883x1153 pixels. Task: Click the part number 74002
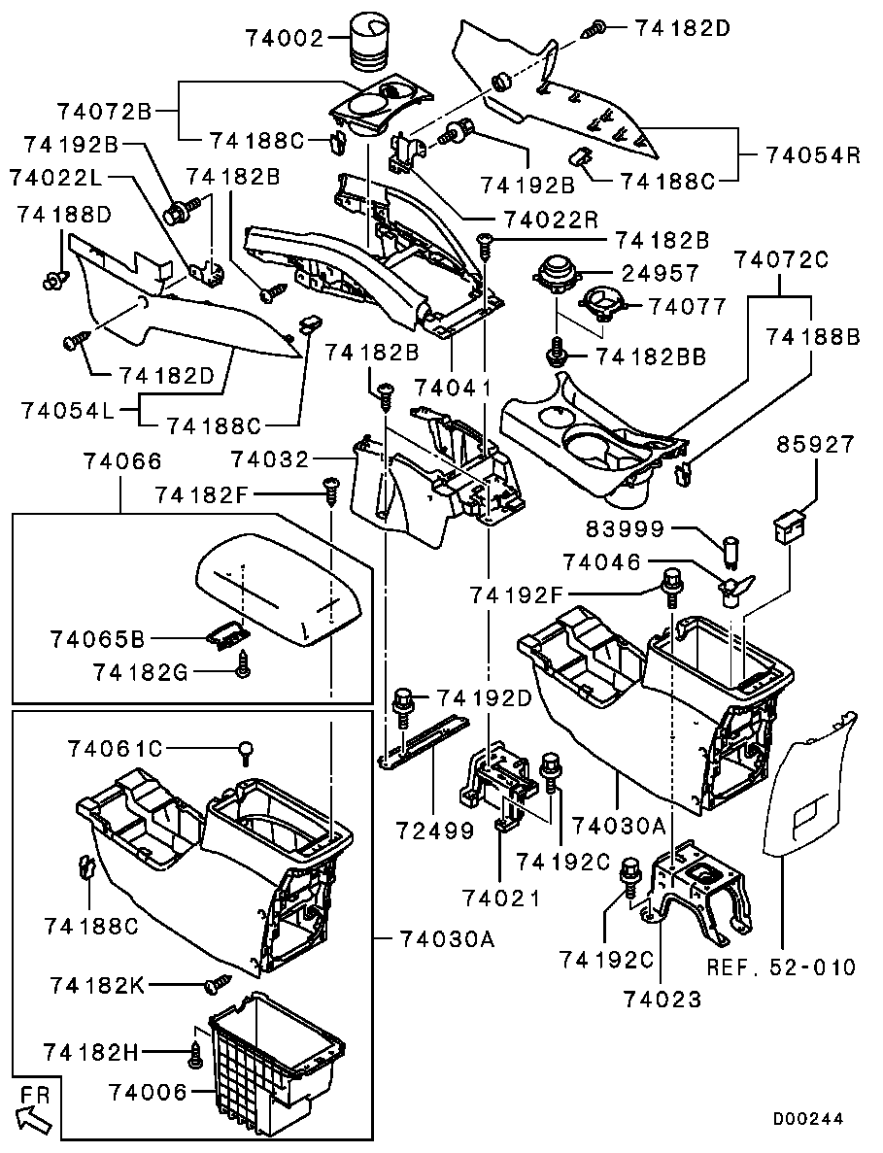tap(283, 40)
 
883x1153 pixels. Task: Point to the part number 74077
tap(688, 307)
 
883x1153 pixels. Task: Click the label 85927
tap(816, 445)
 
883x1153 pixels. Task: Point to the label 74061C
tap(116, 748)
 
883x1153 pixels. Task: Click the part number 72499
tap(434, 831)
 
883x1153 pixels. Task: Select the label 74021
tap(501, 899)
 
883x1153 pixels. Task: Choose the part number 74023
tap(662, 997)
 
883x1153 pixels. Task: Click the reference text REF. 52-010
tap(781, 966)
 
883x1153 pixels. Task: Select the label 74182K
tap(97, 985)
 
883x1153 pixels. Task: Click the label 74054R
tap(813, 155)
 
